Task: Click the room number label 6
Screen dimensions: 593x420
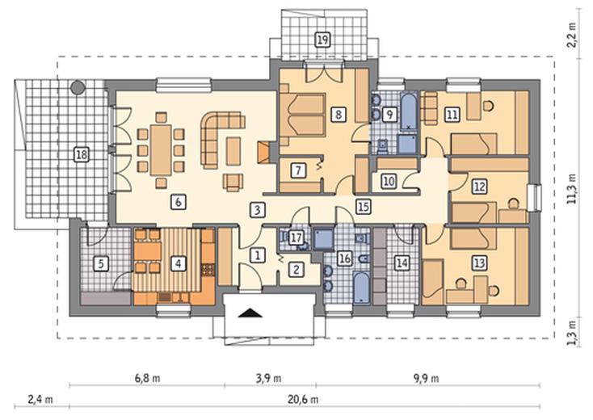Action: click(x=178, y=202)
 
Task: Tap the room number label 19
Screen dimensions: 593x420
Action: click(x=322, y=40)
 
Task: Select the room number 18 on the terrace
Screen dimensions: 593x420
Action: click(x=82, y=154)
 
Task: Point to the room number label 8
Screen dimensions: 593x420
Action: click(x=338, y=114)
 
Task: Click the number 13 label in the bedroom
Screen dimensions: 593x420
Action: click(x=480, y=262)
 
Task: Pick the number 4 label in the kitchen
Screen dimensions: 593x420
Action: click(x=178, y=263)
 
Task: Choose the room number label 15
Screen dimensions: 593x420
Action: click(x=363, y=207)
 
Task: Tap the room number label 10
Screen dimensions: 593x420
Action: click(x=389, y=181)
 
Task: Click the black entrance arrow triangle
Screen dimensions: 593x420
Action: click(x=250, y=313)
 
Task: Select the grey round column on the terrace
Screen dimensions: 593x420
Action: click(x=78, y=88)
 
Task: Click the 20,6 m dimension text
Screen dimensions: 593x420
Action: click(x=303, y=399)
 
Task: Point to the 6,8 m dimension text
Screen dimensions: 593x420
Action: click(x=148, y=378)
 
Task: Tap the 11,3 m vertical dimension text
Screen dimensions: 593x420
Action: click(x=572, y=189)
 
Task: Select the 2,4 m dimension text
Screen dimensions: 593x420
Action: click(x=40, y=399)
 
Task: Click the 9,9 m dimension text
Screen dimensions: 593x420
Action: click(x=427, y=378)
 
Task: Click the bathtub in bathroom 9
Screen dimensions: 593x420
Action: click(x=409, y=112)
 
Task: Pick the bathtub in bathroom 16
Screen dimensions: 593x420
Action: click(x=362, y=288)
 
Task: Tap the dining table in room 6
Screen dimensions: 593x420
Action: click(x=161, y=150)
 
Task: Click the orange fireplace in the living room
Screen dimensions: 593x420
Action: click(x=263, y=153)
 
